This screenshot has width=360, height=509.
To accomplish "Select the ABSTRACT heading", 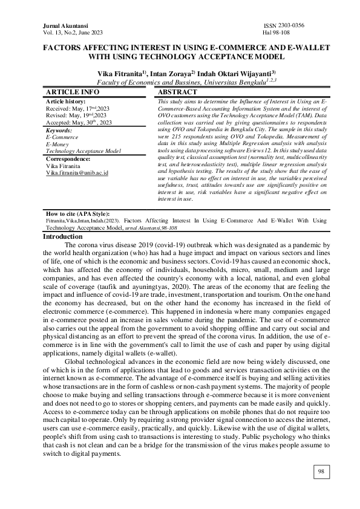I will coord(177,92).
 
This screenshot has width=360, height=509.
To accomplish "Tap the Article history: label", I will coord(66,100).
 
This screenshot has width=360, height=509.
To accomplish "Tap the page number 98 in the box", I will coord(321,471).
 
